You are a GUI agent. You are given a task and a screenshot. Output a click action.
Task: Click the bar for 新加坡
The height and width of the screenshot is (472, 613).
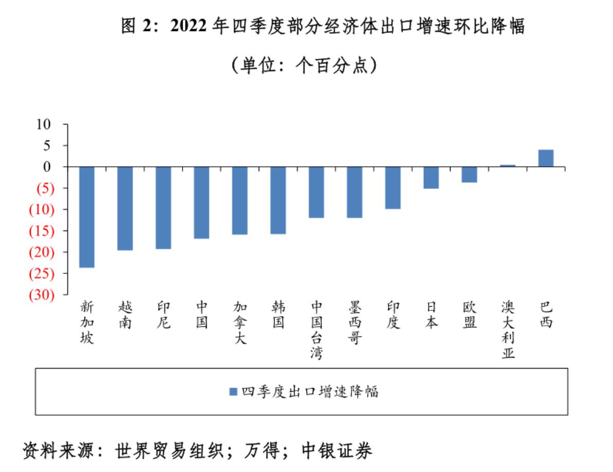tap(86, 217)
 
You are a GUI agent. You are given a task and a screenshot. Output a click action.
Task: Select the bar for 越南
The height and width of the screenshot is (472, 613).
tap(125, 208)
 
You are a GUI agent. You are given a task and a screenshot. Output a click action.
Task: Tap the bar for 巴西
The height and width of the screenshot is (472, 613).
tap(546, 158)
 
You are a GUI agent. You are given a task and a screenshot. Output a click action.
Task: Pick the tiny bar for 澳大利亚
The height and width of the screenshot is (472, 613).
tap(508, 166)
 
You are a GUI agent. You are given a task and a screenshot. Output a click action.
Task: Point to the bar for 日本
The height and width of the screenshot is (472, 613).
tap(431, 178)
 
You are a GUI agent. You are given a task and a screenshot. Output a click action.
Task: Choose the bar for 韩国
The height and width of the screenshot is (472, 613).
tap(278, 200)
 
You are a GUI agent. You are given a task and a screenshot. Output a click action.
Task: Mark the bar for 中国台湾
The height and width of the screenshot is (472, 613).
tap(316, 192)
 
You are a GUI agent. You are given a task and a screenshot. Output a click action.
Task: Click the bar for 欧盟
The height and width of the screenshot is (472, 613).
tap(469, 174)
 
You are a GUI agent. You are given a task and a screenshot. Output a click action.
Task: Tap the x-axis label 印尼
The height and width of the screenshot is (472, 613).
tap(164, 315)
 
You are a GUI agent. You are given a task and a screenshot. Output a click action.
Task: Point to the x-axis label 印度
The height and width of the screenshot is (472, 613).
tap(393, 315)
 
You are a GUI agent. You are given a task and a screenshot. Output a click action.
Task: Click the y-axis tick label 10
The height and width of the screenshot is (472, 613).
tap(44, 124)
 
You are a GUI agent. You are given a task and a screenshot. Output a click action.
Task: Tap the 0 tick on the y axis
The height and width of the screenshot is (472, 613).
tap(47, 167)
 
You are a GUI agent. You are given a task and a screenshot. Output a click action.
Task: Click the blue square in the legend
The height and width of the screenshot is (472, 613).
tap(232, 392)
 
